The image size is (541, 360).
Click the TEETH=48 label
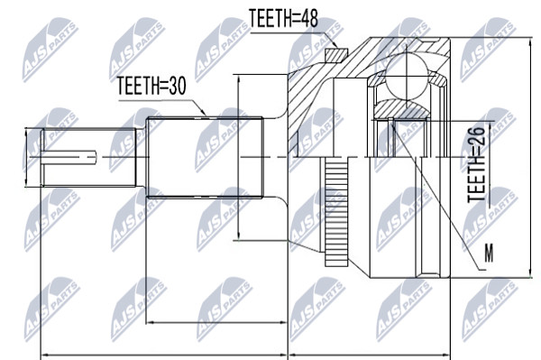(x=283, y=18)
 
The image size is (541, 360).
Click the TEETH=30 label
(x=151, y=86)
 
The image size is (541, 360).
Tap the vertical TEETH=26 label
(x=476, y=164)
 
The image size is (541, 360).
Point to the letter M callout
(x=489, y=253)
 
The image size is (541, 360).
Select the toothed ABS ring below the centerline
(x=336, y=212)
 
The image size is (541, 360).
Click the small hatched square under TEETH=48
(x=336, y=55)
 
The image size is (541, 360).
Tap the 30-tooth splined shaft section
(x=205, y=157)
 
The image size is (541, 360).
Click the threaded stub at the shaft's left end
(x=88, y=157)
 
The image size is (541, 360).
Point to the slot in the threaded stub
(x=69, y=157)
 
